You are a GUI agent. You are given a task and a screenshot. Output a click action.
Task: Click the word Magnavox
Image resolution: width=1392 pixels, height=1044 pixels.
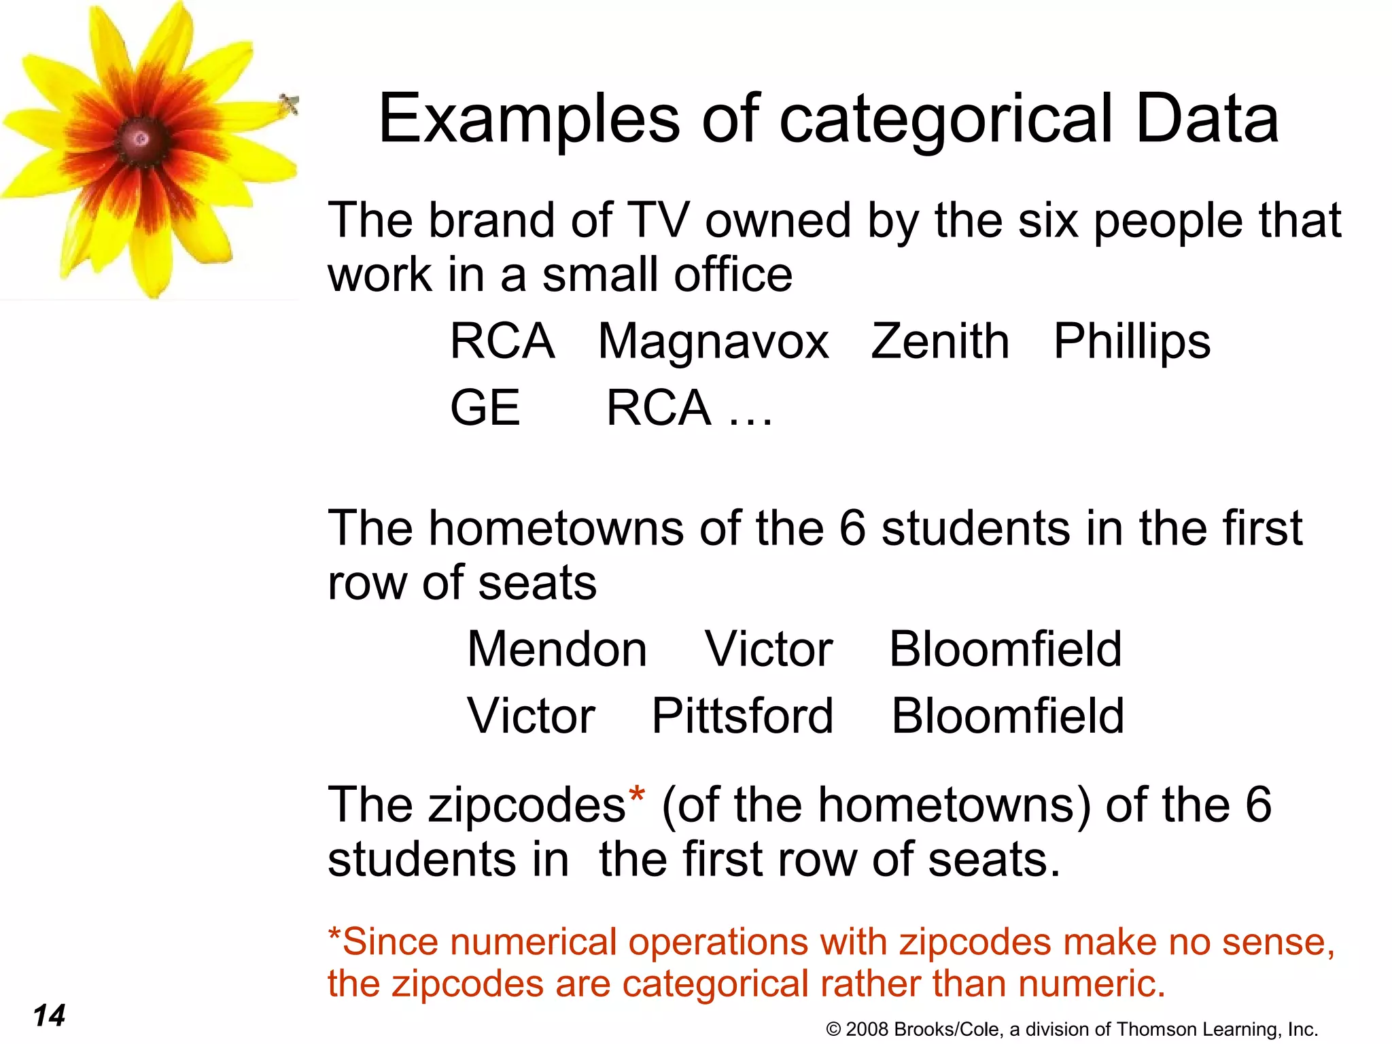[x=713, y=341]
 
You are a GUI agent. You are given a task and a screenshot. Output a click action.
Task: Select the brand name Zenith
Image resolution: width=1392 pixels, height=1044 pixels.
[x=940, y=341]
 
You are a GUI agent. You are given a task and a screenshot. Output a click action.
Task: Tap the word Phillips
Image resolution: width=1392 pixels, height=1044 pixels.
[x=1132, y=341]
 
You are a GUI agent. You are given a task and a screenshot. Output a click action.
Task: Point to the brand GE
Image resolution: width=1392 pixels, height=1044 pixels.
[x=485, y=408]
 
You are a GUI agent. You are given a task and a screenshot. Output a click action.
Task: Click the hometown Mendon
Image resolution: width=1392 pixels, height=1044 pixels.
[x=557, y=649]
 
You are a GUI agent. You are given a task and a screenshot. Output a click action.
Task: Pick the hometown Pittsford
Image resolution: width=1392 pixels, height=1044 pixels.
[x=742, y=716]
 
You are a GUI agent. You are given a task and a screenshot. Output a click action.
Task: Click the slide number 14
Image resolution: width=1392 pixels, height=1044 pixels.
[x=49, y=1015]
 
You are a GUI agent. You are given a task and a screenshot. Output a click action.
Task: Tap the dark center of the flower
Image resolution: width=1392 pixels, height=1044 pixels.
[x=141, y=139]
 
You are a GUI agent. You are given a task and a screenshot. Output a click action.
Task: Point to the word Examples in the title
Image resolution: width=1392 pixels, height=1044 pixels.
[x=529, y=120]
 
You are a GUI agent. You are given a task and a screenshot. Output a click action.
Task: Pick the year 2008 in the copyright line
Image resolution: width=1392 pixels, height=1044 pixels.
[x=867, y=1029]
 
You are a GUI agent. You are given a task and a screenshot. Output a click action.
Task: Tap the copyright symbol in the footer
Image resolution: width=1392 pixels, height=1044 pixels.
[x=833, y=1030]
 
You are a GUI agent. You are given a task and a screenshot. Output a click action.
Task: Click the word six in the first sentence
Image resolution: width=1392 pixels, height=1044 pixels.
[x=1047, y=220]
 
